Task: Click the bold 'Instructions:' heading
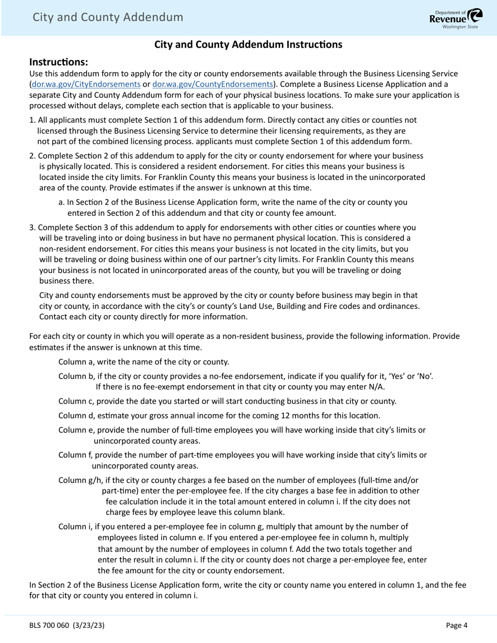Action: [x=59, y=62]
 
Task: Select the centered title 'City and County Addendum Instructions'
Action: [x=248, y=45]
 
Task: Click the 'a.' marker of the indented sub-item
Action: [x=62, y=202]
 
